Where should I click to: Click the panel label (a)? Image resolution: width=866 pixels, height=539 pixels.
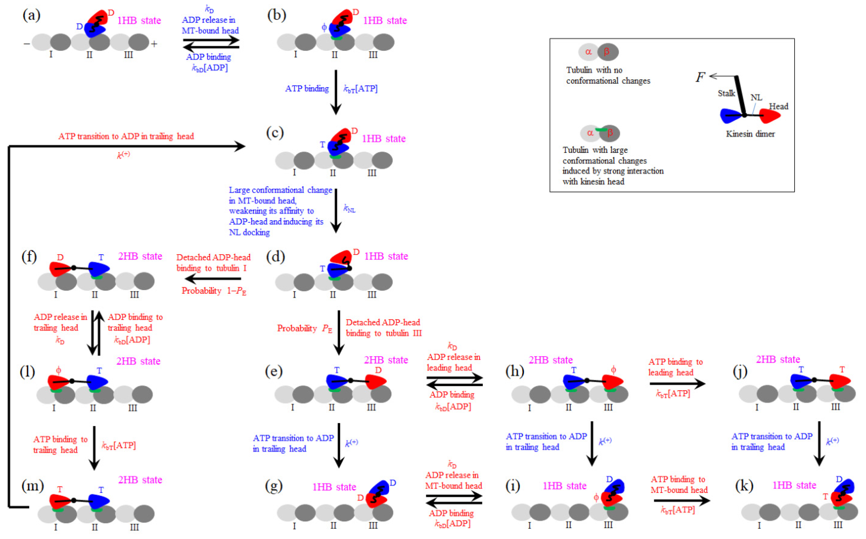pos(31,15)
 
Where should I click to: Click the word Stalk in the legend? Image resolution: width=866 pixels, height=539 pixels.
pos(726,93)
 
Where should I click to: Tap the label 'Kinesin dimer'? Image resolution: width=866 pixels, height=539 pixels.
pos(750,134)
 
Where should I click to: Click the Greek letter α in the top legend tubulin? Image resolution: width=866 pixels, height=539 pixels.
pos(588,52)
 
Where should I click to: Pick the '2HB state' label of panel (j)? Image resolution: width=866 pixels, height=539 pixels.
pos(778,359)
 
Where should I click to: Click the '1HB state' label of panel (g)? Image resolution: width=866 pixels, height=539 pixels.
pos(334,487)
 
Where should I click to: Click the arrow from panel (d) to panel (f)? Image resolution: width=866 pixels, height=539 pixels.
pos(213,279)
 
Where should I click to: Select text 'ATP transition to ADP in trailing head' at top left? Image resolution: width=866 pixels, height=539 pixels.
pos(126,136)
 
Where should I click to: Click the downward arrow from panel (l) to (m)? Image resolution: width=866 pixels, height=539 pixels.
pos(94,448)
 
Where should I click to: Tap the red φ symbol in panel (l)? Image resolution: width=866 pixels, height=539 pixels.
pos(59,370)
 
